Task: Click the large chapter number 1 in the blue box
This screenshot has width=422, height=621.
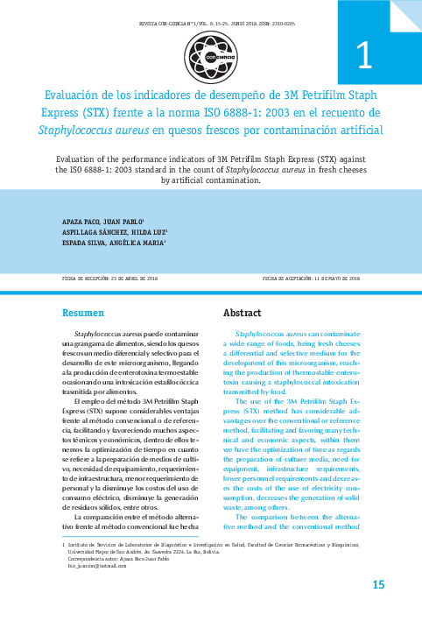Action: tap(364, 57)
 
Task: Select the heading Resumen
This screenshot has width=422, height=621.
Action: tap(85, 313)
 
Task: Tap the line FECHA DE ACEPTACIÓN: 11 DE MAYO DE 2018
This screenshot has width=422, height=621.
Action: tap(313, 278)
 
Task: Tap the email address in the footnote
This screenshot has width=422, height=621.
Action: tap(80, 567)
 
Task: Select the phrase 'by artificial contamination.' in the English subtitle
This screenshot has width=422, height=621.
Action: tap(211, 181)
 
